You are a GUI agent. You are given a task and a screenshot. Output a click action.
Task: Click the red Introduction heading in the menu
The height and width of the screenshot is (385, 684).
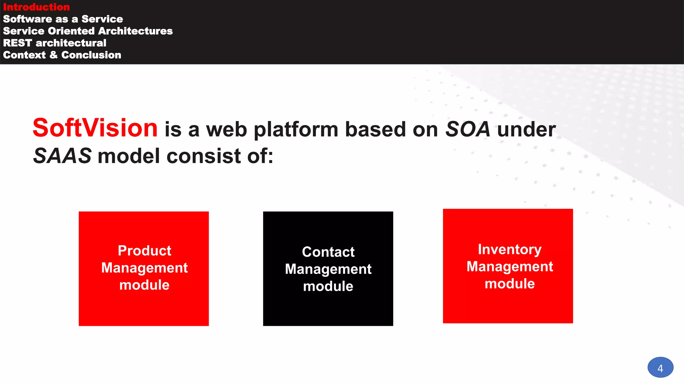coord(36,7)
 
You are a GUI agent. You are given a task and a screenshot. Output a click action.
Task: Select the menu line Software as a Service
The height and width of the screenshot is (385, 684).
coord(63,19)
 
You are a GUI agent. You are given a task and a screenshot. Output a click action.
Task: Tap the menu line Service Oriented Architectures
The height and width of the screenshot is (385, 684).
coord(88,31)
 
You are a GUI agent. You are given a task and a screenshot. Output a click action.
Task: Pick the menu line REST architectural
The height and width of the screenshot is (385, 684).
coord(54,43)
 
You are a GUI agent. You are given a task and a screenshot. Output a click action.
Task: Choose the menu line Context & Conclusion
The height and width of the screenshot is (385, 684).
coord(62,55)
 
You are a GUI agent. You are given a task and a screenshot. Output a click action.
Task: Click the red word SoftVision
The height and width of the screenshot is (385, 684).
coord(95,128)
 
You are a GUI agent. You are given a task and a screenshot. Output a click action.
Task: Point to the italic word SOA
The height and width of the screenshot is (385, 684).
coord(468,129)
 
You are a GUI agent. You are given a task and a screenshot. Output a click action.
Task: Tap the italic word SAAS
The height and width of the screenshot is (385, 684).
coord(62,156)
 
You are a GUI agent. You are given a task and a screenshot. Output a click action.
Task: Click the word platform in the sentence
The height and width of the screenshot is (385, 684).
coord(296,130)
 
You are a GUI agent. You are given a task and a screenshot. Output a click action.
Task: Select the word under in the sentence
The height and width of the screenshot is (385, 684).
coord(526,129)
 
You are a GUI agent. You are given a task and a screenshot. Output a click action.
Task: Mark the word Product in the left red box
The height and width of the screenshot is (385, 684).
coord(144,251)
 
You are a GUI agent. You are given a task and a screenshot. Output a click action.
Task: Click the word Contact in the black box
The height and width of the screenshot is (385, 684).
coord(328,252)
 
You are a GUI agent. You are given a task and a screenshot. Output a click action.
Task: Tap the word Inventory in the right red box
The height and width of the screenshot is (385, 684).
coord(509,250)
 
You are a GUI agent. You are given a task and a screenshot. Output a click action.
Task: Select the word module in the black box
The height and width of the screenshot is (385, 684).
coord(328,286)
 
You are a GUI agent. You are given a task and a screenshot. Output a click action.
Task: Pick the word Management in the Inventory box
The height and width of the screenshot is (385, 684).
coord(510,267)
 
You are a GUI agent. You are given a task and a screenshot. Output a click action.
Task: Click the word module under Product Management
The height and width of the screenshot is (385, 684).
coord(144,285)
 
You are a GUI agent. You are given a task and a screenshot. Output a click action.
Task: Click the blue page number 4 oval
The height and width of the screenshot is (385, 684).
coord(660,368)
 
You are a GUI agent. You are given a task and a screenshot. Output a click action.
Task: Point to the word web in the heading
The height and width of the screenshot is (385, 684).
coord(226,130)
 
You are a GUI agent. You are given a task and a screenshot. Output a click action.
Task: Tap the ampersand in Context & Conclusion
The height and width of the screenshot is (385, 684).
coord(53,55)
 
